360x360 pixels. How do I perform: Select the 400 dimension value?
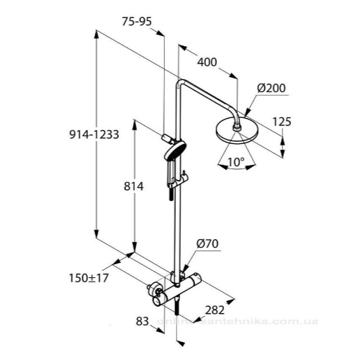point(207,62)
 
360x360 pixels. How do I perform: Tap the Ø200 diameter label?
point(272,89)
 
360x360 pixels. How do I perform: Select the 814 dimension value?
point(135,186)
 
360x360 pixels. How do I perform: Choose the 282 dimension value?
point(214,310)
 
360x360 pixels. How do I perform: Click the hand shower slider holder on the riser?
point(184,176)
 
